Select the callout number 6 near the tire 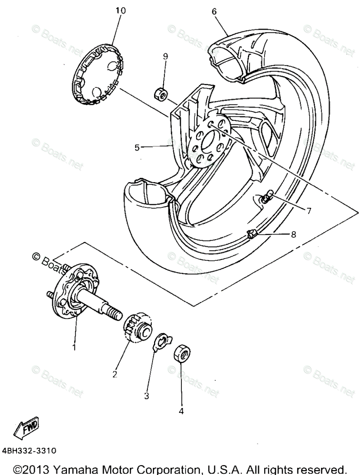[214, 11]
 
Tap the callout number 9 [166, 57]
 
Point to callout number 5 [137, 148]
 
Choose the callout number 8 [293, 235]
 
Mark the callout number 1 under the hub [74, 347]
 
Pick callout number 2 [115, 373]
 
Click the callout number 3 [147, 395]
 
